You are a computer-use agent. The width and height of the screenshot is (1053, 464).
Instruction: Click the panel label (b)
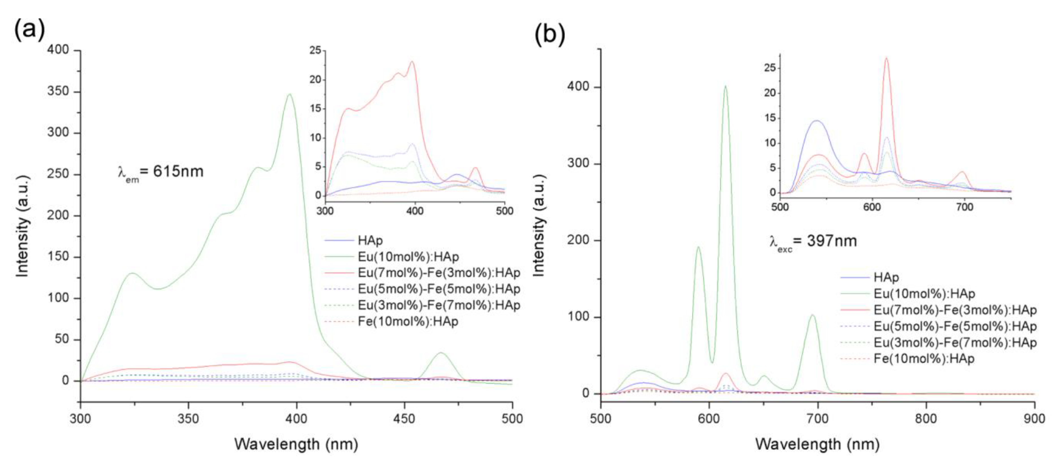(x=549, y=34)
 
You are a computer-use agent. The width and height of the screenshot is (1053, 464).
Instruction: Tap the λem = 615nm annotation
(x=160, y=172)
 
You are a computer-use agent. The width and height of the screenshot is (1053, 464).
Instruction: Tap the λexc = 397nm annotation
(x=813, y=241)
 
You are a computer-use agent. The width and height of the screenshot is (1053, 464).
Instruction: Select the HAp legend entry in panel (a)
(x=370, y=240)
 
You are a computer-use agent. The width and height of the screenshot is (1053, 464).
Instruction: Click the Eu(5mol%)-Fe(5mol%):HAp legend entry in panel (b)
(x=955, y=326)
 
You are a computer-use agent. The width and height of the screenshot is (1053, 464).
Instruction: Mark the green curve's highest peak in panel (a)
(x=290, y=94)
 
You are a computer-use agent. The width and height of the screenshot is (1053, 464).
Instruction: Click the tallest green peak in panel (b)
(x=726, y=86)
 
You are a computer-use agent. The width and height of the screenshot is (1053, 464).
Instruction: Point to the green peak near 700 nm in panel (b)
(x=812, y=315)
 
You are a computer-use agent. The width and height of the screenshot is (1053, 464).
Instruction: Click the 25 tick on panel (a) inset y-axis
(x=315, y=51)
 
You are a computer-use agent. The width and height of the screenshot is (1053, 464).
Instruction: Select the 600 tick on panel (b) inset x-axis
(x=872, y=207)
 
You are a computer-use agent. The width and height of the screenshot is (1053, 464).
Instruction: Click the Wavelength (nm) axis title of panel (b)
(x=817, y=444)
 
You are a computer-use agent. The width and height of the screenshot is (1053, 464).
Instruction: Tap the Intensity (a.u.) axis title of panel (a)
(x=23, y=226)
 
